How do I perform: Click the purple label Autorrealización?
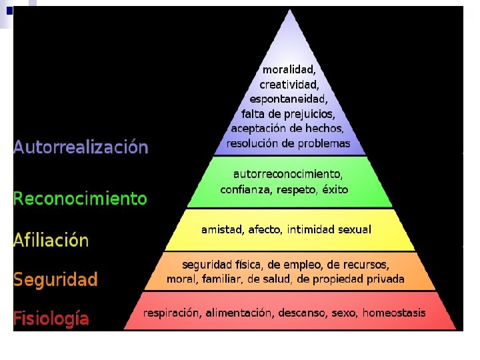point(81,147)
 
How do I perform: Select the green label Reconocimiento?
point(80,198)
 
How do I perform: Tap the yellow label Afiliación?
point(51,240)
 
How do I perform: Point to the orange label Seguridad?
point(55,279)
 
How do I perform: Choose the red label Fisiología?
point(51,318)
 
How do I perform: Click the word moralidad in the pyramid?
point(289,69)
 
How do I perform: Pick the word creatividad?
point(289,85)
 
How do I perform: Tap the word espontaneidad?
point(288,99)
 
